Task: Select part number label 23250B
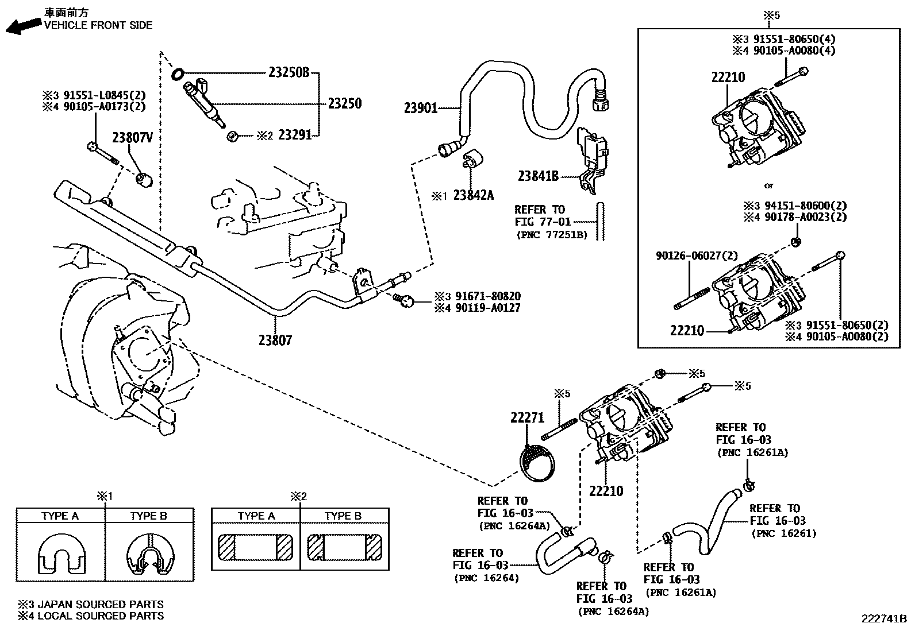point(289,73)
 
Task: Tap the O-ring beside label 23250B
point(178,73)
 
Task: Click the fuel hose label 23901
point(421,108)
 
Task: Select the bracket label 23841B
point(538,177)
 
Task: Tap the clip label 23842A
point(473,196)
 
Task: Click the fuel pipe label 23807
point(275,340)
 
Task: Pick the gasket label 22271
point(527,418)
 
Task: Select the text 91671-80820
point(488,297)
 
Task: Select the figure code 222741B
point(883,618)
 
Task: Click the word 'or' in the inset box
point(769,185)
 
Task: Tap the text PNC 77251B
point(551,235)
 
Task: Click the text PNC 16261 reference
point(784,533)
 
